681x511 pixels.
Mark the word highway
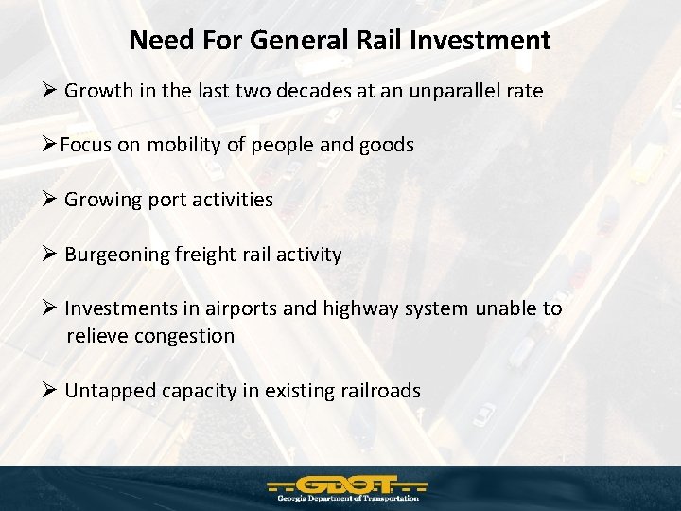(365, 308)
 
